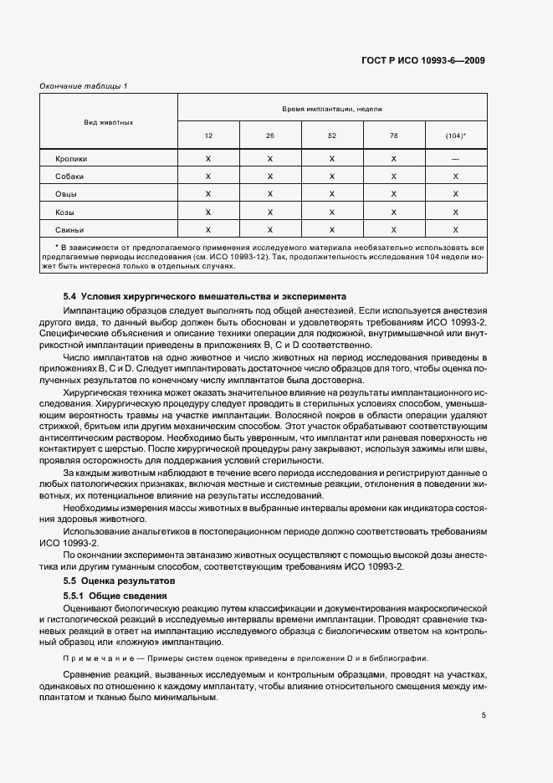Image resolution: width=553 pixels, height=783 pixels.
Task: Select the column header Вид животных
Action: coord(109,122)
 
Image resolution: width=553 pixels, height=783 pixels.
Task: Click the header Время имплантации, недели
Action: coord(332,109)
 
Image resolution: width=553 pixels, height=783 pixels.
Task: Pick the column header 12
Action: coord(208,136)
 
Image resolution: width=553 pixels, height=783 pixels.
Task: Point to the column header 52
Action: coord(332,136)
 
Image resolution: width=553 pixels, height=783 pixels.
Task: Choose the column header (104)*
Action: coord(456,136)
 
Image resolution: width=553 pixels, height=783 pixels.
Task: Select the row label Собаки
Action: coord(69,177)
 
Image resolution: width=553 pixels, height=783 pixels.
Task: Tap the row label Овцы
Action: coord(67,194)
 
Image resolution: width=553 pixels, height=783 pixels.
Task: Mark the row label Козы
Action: coord(65,212)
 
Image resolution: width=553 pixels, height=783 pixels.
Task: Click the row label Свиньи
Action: coord(69,229)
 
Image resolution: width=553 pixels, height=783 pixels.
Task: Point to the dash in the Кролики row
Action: coord(456,158)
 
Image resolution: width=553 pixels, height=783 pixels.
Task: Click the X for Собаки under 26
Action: coord(270,177)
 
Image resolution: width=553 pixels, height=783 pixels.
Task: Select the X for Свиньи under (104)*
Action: coord(456,229)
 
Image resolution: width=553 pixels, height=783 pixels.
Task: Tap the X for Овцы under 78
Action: coord(394,194)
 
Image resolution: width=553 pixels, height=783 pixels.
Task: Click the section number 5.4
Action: coord(70,296)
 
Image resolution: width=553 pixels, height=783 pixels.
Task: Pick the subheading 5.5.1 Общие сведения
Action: coord(118,595)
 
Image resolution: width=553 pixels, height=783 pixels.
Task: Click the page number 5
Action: coord(484,714)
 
